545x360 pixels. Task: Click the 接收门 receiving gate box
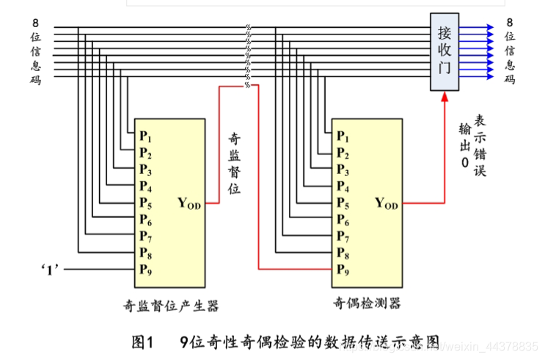pyautogui.click(x=445, y=52)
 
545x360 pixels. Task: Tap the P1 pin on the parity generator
pyautogui.click(x=145, y=136)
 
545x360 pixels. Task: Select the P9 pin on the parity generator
pyautogui.click(x=145, y=268)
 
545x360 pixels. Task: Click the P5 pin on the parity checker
pyautogui.click(x=343, y=203)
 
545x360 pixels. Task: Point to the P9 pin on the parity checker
pyautogui.click(x=343, y=269)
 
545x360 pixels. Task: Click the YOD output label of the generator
pyautogui.click(x=189, y=202)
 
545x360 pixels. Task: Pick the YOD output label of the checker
pyautogui.click(x=386, y=203)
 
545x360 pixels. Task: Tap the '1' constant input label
pyautogui.click(x=50, y=269)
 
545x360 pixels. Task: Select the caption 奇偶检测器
pyautogui.click(x=367, y=303)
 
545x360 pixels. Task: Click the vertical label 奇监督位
pyautogui.click(x=234, y=163)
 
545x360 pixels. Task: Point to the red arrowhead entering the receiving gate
pyautogui.click(x=445, y=98)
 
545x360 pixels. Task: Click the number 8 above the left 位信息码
pyautogui.click(x=35, y=21)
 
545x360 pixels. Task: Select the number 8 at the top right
pyautogui.click(x=510, y=21)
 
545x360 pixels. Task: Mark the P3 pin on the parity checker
pyautogui.click(x=343, y=169)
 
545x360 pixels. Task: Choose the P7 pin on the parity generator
pyautogui.click(x=145, y=235)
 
